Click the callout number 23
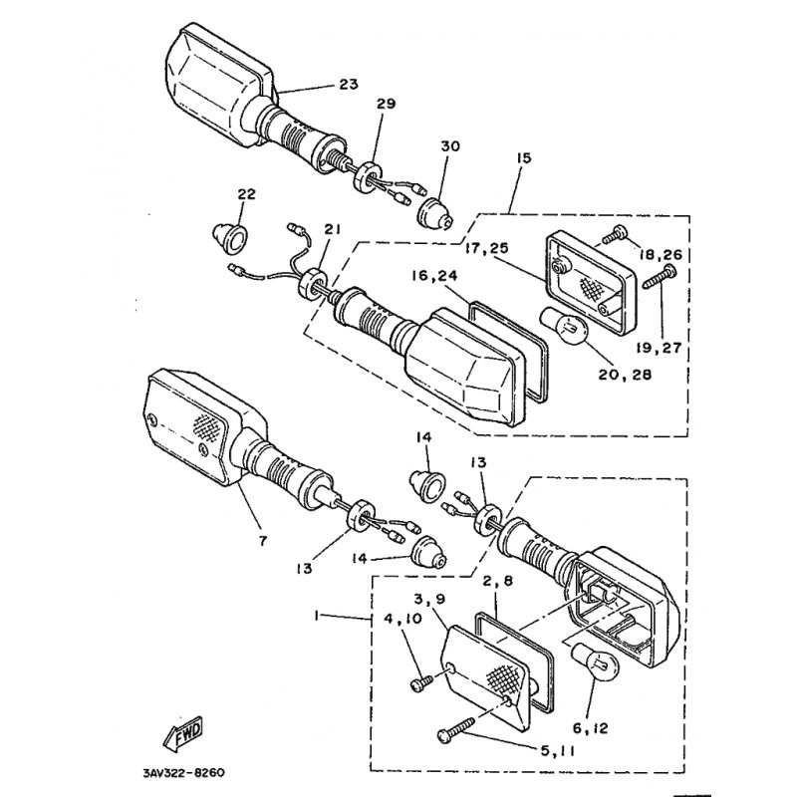(x=348, y=85)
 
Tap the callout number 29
(x=386, y=105)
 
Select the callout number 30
(x=450, y=146)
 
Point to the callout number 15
(x=524, y=157)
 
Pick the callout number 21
(x=332, y=229)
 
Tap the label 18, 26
(x=663, y=256)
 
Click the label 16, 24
(x=436, y=275)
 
